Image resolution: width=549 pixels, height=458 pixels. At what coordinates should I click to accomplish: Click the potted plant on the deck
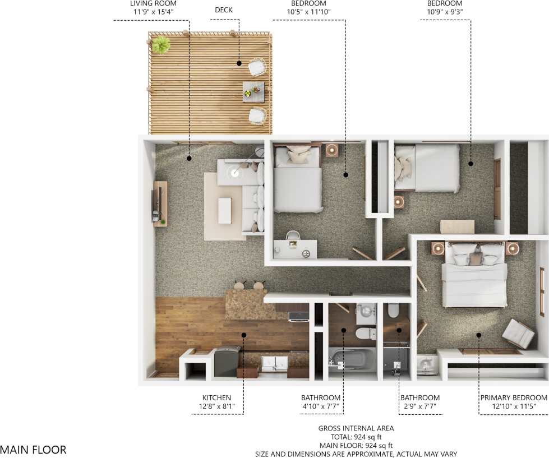point(161,44)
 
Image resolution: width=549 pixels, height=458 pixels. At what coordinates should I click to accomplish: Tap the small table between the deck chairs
point(253,91)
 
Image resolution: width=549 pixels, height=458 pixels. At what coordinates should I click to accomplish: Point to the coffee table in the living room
point(225,210)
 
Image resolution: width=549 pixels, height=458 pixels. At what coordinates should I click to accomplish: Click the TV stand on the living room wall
point(160,203)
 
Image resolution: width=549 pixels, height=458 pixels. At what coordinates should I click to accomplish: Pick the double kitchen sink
point(274,363)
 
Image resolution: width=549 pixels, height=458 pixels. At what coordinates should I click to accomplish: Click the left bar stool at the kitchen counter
point(239,286)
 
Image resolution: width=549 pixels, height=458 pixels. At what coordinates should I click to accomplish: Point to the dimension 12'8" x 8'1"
point(216,406)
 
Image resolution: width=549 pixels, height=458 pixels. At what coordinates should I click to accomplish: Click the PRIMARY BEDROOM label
point(514,397)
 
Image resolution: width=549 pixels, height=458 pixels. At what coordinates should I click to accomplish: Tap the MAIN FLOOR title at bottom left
point(33,450)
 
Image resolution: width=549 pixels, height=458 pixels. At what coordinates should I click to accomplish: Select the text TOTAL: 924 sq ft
point(356,437)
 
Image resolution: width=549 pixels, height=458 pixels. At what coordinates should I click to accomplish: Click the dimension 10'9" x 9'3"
point(445,11)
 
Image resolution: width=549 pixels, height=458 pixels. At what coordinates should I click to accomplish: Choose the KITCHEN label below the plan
point(216,397)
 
